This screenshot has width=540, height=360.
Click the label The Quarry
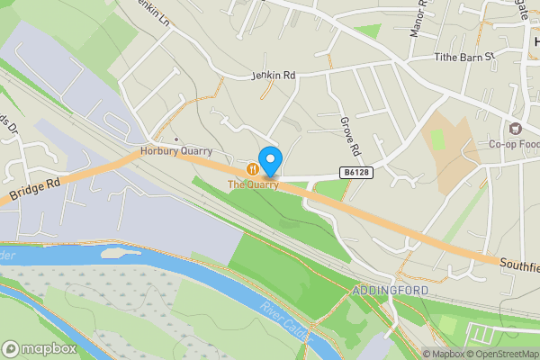tap(253, 184)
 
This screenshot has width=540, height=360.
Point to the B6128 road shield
tap(355, 171)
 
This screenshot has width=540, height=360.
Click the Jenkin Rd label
tap(273, 76)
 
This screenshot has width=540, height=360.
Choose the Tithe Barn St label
tap(464, 56)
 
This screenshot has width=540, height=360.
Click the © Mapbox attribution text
tap(445, 354)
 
